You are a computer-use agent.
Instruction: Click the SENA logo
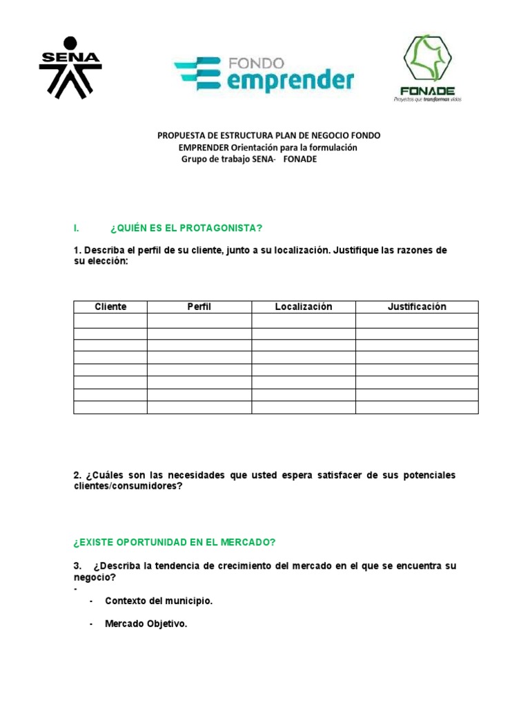click(70, 67)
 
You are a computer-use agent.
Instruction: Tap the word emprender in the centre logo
click(291, 81)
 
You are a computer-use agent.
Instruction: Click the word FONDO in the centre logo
click(255, 64)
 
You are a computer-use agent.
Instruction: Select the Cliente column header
click(110, 307)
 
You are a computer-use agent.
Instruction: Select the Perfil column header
click(199, 307)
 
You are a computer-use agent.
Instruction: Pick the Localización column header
click(304, 307)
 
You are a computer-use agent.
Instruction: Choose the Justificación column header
click(417, 307)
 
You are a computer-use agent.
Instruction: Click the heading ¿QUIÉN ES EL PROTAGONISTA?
click(186, 228)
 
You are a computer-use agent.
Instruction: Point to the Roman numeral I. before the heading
click(76, 228)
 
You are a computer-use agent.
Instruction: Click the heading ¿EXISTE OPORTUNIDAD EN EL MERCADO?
click(175, 542)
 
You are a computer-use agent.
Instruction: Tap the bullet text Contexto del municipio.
click(159, 601)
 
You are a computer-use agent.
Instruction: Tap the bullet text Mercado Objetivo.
click(146, 624)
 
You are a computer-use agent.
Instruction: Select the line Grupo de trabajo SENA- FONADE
click(248, 159)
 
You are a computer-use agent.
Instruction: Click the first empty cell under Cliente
click(110, 320)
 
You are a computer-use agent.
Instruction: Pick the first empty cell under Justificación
click(417, 320)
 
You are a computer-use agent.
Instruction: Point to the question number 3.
click(77, 566)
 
